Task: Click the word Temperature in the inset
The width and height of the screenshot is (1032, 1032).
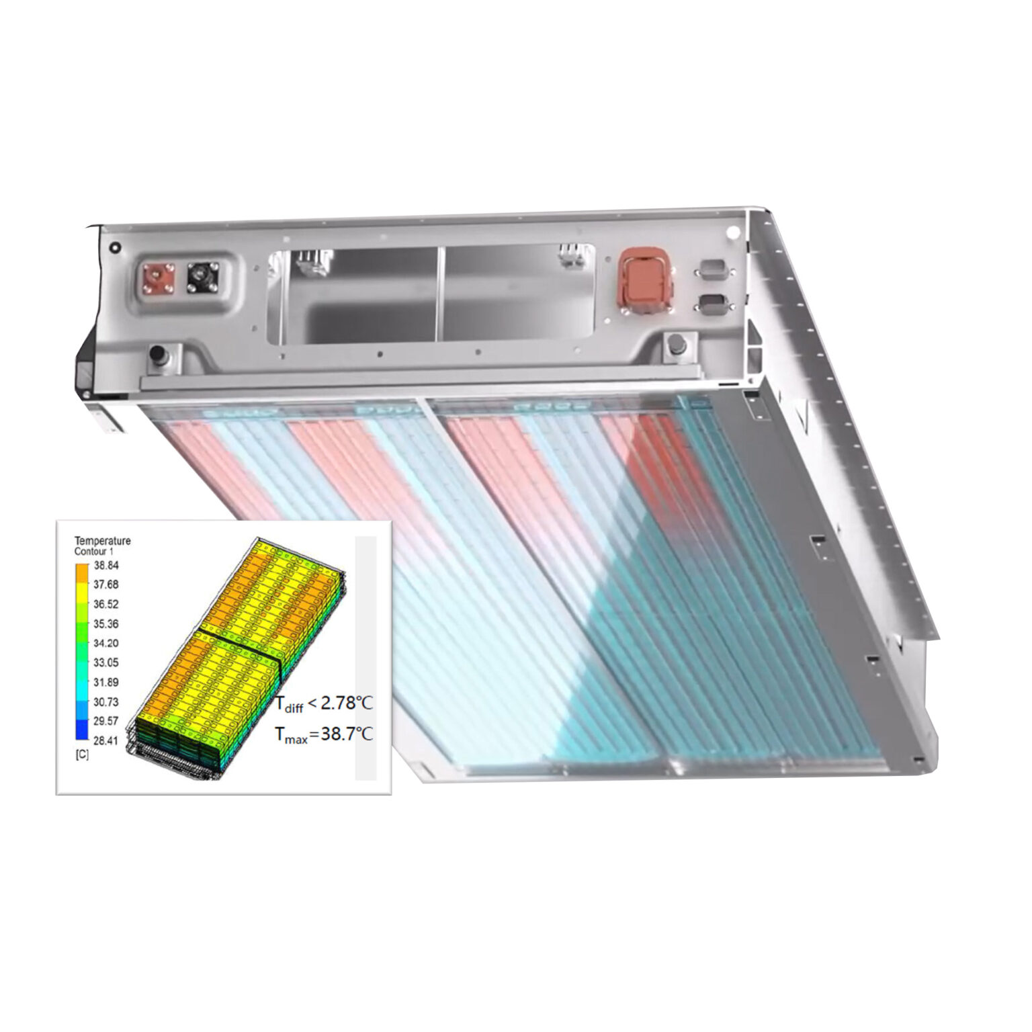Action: point(102,541)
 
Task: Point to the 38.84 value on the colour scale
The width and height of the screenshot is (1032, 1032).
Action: point(106,566)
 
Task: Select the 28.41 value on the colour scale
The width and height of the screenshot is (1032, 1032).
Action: point(106,740)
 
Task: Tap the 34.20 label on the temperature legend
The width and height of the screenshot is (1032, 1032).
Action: point(106,643)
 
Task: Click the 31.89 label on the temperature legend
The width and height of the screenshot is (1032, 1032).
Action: point(106,682)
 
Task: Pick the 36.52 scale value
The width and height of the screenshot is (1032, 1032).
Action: point(106,604)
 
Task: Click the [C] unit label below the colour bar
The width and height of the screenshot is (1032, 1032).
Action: point(81,755)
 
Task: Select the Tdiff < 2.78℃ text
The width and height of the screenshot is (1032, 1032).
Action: point(324,703)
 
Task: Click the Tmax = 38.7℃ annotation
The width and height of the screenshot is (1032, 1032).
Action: point(324,734)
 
